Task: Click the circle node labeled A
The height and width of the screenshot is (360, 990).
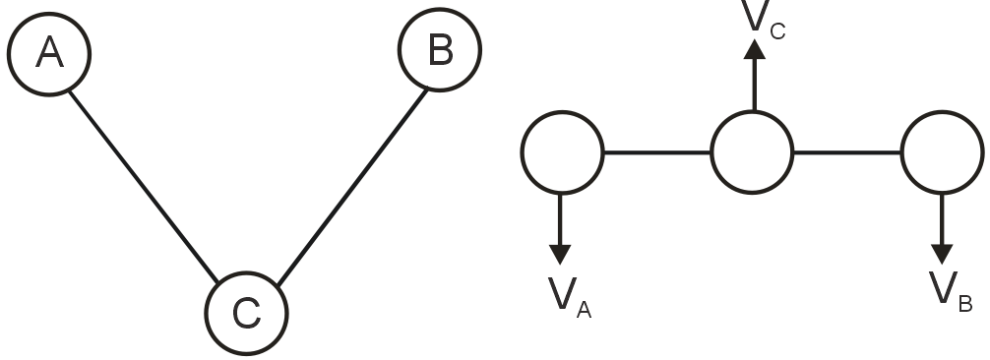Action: pos(48,53)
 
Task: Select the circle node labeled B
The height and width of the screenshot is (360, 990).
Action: pos(440,51)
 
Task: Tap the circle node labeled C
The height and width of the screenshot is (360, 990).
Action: pos(246,313)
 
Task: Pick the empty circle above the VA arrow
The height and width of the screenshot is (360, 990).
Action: pos(561,152)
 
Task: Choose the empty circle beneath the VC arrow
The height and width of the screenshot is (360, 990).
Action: pos(752,152)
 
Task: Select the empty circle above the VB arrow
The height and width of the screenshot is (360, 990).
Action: pos(942,152)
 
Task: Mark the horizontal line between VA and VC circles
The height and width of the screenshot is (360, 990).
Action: pos(656,152)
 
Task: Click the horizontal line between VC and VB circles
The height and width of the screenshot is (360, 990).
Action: pos(847,152)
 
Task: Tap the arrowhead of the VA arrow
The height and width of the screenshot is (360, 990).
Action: pos(560,254)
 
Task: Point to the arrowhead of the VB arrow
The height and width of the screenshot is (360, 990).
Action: pos(942,254)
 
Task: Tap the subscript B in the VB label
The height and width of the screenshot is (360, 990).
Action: pos(965,304)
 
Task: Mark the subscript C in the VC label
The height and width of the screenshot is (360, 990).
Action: pos(777,32)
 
